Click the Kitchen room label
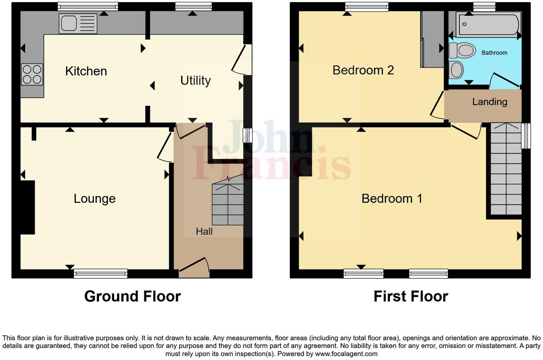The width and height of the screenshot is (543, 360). pos(86,71)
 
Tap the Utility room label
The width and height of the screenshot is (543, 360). pos(195,81)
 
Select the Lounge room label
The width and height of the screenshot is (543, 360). pos(95,199)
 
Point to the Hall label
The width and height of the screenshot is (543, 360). pos(204,231)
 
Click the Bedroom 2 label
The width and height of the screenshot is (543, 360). pos(363,70)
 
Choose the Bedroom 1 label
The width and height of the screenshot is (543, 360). pos(392,199)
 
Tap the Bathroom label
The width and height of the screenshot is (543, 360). pos(494,53)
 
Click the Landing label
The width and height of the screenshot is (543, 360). pos(489,102)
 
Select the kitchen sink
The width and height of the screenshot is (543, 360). pos(78,24)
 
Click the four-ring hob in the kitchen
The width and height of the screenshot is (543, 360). pos(32,74)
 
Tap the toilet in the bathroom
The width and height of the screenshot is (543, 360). pos(462,50)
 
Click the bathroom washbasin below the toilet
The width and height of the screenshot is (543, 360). pos(456,70)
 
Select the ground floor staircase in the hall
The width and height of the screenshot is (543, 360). pos(228,204)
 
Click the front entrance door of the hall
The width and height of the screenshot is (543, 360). pos(194,268)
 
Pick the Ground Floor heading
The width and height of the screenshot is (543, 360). pos(133,296)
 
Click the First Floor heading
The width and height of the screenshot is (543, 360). pos(410,296)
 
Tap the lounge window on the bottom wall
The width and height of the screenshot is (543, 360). pos(100,274)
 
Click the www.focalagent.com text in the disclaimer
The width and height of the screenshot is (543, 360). pos(345,354)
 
